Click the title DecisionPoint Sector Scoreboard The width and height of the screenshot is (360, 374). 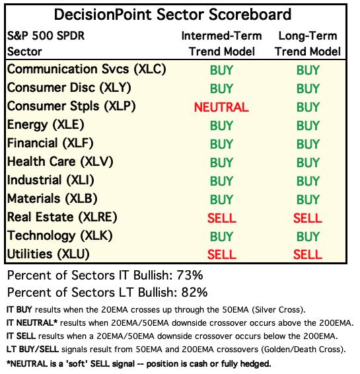[172, 15]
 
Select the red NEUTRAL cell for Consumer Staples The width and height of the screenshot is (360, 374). [221, 107]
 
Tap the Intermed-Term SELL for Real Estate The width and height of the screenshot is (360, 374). [222, 218]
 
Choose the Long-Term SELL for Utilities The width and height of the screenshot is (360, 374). [308, 254]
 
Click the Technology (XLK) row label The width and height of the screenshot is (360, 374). [60, 236]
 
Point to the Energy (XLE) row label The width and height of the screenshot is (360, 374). [46, 125]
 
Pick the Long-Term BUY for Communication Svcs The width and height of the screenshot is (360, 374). [308, 70]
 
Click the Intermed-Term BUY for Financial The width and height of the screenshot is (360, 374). [221, 144]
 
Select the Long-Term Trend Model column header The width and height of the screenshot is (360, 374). [308, 44]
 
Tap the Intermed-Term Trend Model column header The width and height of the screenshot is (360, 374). [222, 44]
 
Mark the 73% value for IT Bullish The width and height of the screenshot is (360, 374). [190, 276]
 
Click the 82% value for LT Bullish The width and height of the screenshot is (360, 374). [195, 293]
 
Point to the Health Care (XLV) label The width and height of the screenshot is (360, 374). [60, 162]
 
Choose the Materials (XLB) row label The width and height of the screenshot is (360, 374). [52, 199]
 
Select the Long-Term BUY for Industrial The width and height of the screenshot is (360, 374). [308, 181]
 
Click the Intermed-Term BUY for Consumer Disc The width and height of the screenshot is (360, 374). [221, 89]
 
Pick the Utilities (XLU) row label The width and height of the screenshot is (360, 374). [48, 254]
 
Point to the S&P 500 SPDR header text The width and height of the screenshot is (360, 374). [46, 36]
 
